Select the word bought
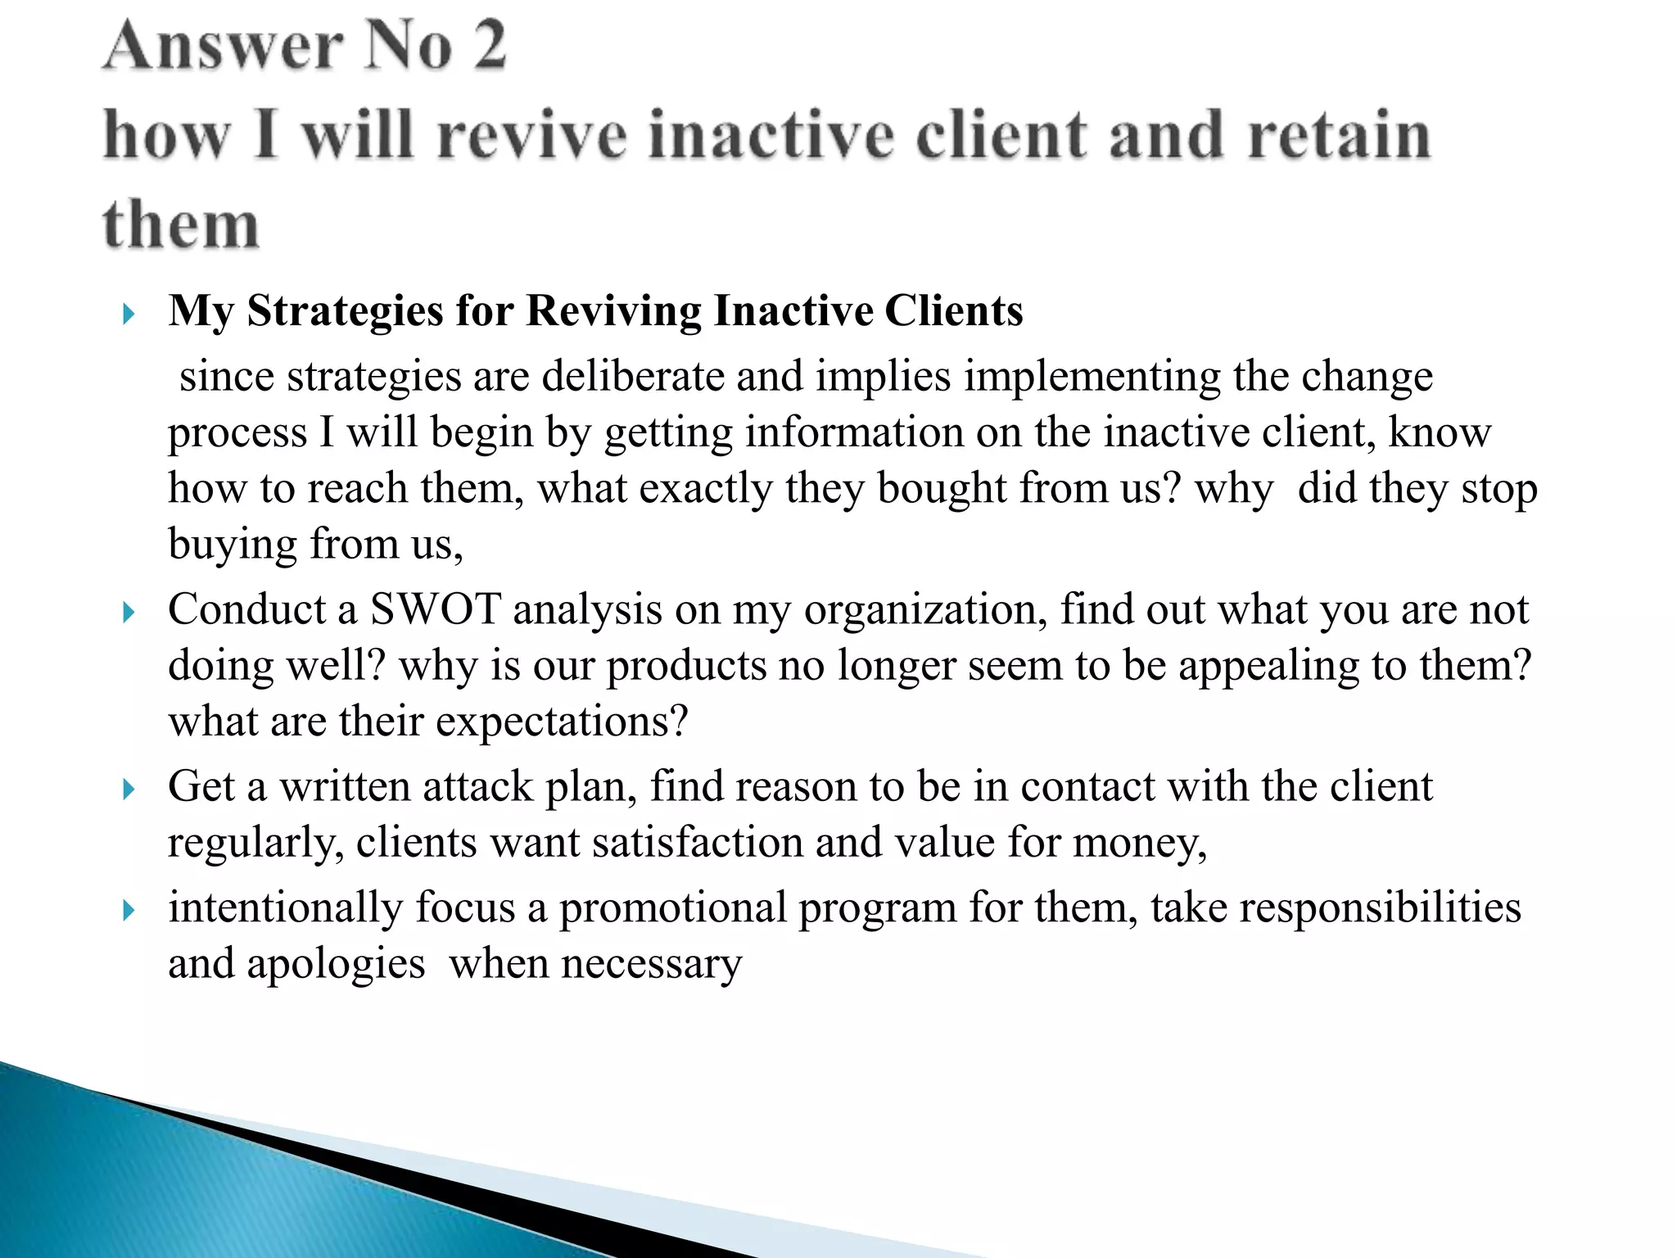point(942,489)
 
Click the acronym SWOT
point(435,609)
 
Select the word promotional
point(672,908)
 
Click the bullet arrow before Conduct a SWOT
point(128,612)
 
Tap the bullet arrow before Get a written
point(128,789)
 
